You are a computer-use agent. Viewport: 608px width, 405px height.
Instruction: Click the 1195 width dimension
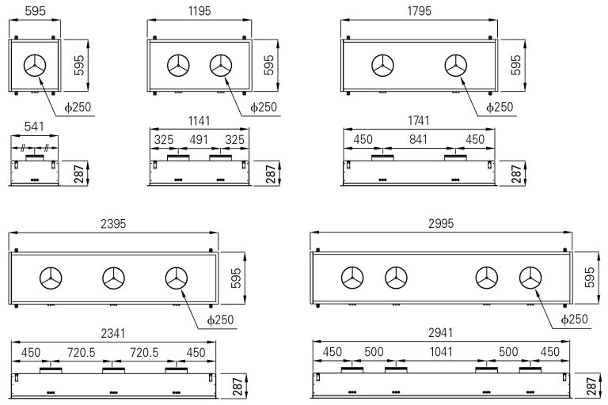click(x=199, y=12)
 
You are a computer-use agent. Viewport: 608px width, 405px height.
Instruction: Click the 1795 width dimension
click(x=418, y=12)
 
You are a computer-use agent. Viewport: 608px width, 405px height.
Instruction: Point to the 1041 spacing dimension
click(x=440, y=353)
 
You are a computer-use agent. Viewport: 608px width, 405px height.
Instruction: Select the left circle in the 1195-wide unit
click(x=177, y=66)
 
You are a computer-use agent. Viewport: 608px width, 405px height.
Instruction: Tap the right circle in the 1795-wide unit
click(x=455, y=66)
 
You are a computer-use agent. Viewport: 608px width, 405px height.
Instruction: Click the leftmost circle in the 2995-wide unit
click(x=352, y=278)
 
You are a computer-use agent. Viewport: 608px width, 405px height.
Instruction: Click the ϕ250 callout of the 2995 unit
click(x=573, y=318)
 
